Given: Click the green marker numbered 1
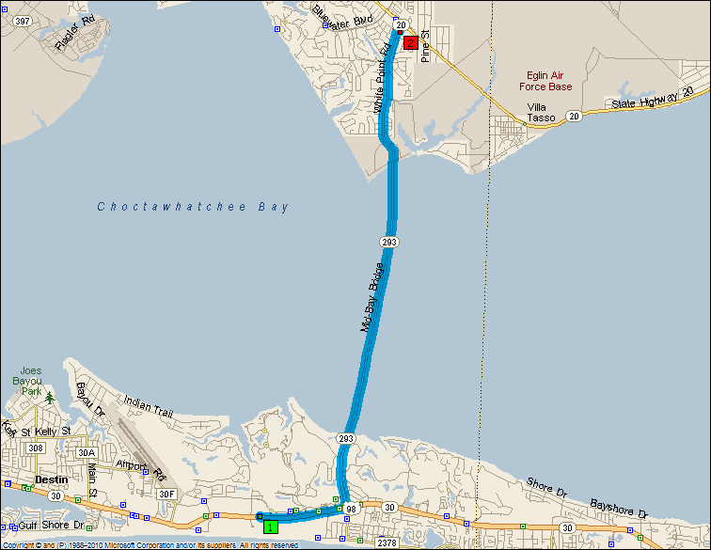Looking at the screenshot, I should [x=271, y=526].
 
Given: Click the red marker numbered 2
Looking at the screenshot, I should [x=410, y=41].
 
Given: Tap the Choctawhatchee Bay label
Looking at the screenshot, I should [x=194, y=207].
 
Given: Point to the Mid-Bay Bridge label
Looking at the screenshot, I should [x=373, y=298].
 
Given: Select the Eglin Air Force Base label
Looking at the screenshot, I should [x=545, y=81].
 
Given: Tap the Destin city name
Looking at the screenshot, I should [x=51, y=479].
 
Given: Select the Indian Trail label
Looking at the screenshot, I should [x=150, y=407].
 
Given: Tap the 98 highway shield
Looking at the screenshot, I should [x=350, y=509].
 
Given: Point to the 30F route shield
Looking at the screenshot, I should [x=166, y=494].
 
